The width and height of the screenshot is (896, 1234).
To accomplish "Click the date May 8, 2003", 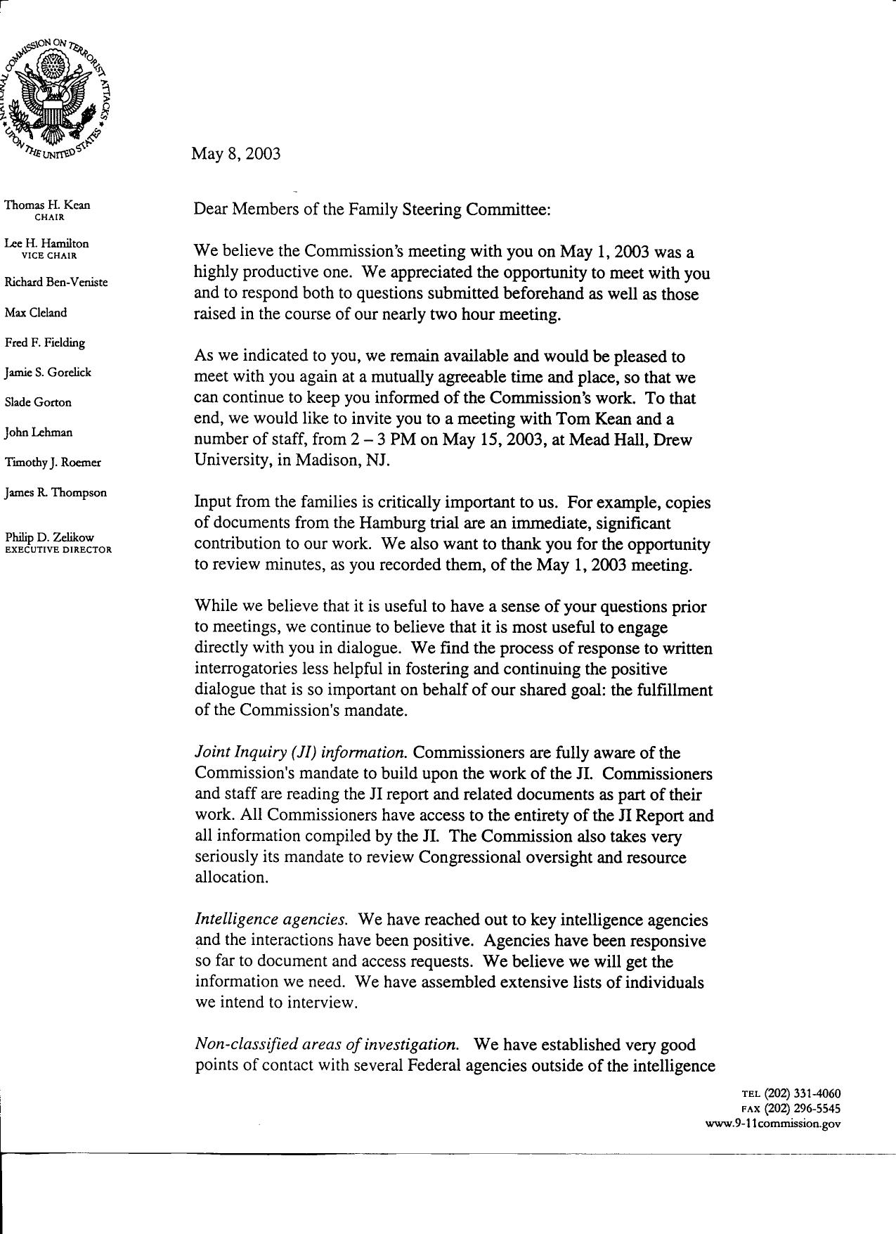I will tap(235, 154).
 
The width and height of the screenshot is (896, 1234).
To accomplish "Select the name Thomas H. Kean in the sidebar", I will tap(47, 205).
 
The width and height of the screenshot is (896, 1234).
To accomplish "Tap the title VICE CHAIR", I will tap(48, 256).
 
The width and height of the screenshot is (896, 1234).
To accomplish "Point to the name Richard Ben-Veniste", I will tap(56, 283).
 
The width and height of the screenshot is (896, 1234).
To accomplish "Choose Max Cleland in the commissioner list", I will tap(36, 313).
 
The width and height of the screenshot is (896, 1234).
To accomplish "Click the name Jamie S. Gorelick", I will tap(48, 373).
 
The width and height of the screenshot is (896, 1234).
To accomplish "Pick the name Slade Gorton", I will tap(38, 403).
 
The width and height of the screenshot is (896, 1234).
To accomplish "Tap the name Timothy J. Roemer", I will tap(53, 463).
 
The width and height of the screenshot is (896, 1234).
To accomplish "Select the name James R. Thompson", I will tap(56, 493).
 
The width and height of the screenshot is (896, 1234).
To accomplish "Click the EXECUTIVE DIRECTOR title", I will tap(58, 550).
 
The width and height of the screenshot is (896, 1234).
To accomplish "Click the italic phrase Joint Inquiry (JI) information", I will tap(301, 753).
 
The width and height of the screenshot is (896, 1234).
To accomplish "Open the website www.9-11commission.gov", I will tap(772, 1124).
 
